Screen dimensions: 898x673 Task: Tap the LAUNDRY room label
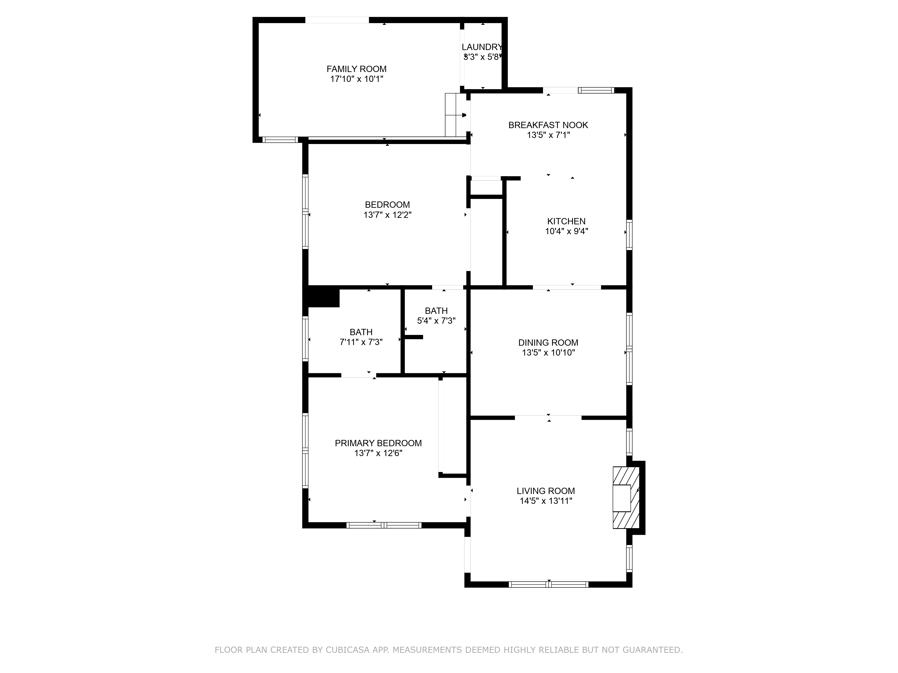[482, 47]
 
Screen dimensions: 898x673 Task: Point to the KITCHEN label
[566, 221]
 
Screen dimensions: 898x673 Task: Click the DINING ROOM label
[548, 343]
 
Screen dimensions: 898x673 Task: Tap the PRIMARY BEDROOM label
[378, 443]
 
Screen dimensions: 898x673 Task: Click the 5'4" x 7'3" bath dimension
[436, 321]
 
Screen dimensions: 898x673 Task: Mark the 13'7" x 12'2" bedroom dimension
[387, 215]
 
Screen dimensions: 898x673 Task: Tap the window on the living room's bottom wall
[548, 585]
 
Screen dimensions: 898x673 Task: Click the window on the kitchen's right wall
[629, 234]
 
